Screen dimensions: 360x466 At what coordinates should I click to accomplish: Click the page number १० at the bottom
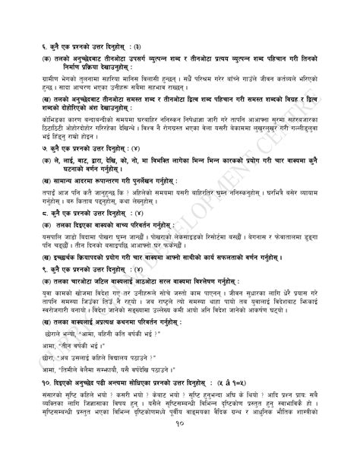click(x=180, y=449)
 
